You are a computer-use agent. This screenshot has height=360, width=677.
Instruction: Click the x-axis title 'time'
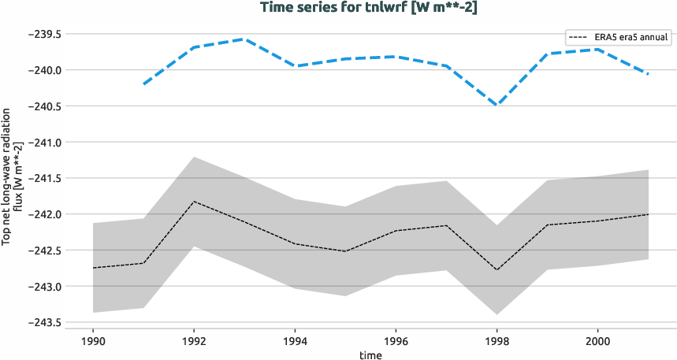tap(370, 354)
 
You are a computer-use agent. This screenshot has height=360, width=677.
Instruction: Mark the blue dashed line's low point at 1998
tap(497, 106)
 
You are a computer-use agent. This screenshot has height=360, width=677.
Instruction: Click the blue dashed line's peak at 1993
tap(244, 39)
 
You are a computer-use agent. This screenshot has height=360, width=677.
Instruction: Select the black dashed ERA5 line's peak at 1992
tap(194, 202)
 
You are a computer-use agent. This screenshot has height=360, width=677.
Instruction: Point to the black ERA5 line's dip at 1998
tap(497, 270)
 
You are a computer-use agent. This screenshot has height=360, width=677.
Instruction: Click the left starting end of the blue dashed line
tap(143, 84)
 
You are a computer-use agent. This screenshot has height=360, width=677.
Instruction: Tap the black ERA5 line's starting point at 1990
tap(93, 268)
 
